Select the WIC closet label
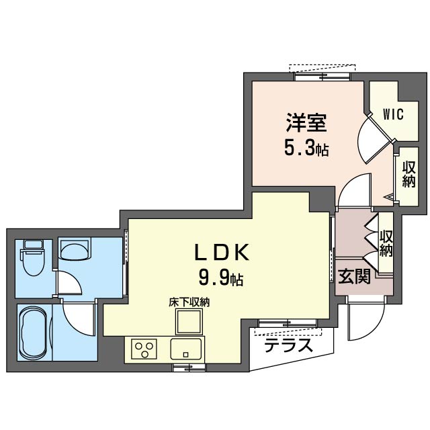[x=394, y=114]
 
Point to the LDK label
[x=222, y=252]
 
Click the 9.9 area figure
[x=214, y=279]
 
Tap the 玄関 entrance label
[x=354, y=276]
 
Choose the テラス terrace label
[x=288, y=345]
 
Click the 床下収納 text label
[x=189, y=302]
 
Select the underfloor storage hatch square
[x=189, y=321]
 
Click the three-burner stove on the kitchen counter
[x=144, y=349]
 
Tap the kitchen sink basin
[x=185, y=349]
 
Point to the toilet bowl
[x=34, y=263]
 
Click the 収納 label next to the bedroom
[x=408, y=175]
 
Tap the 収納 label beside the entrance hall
[x=386, y=243]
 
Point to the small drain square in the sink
[x=185, y=355]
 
